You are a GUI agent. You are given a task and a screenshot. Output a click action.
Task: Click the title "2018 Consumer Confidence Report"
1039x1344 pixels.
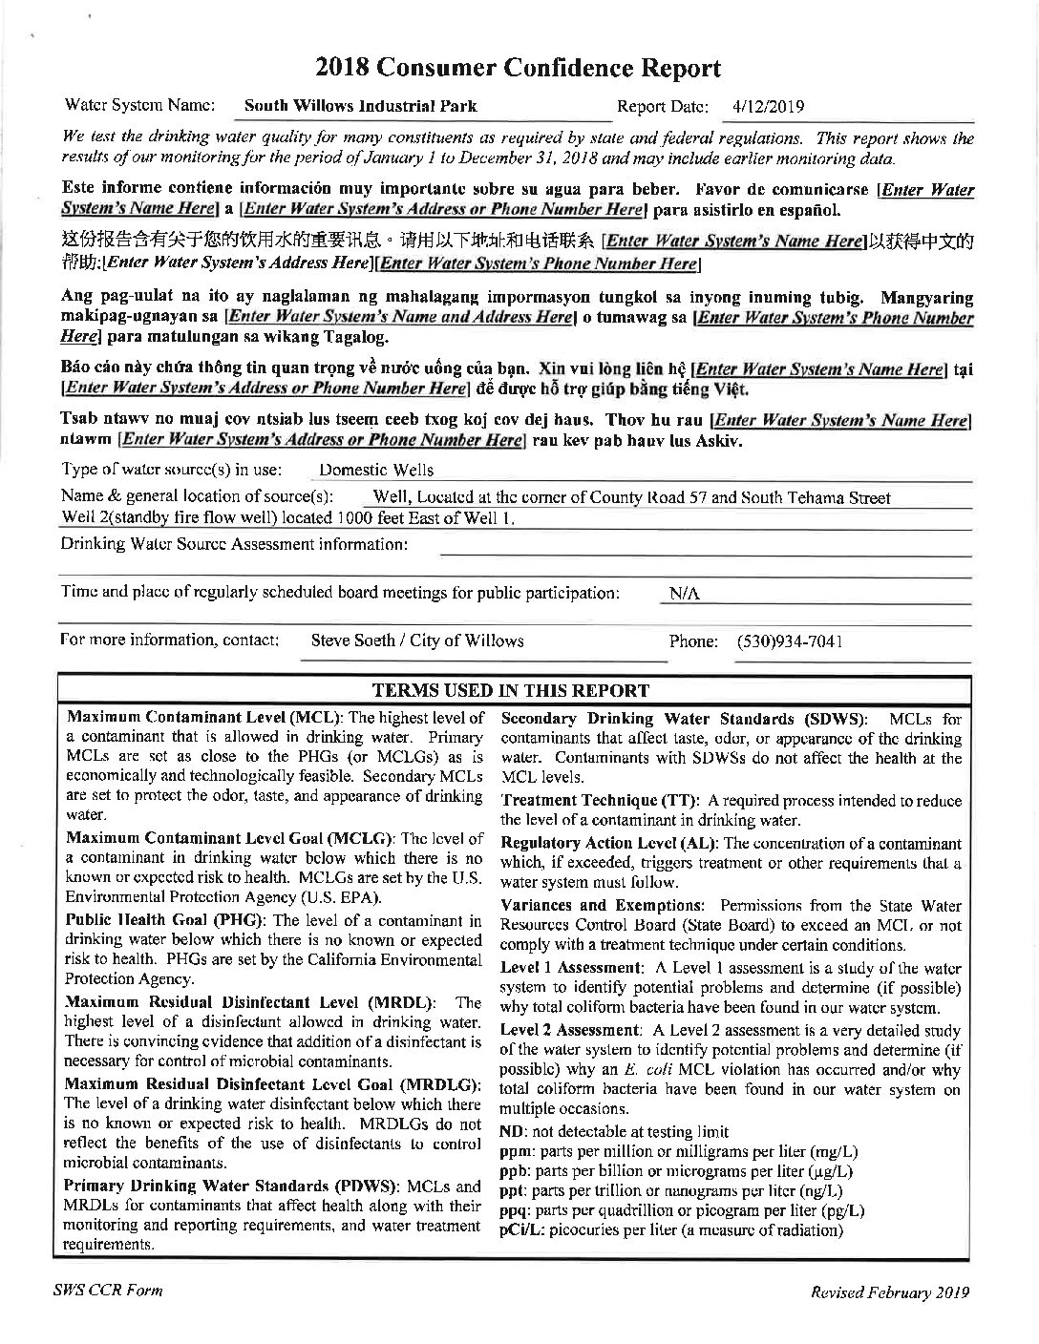click(519, 68)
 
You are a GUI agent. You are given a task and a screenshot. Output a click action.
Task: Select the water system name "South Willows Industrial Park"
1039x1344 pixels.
click(361, 106)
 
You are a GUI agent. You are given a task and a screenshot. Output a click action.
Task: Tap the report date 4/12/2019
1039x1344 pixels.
click(768, 106)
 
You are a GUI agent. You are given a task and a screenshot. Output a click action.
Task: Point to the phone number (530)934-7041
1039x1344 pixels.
click(789, 641)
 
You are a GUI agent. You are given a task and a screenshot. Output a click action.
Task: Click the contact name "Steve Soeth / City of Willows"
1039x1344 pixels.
click(417, 640)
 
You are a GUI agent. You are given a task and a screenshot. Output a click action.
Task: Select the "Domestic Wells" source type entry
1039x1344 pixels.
click(376, 470)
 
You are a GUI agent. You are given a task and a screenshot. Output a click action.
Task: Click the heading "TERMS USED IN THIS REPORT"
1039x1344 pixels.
click(511, 690)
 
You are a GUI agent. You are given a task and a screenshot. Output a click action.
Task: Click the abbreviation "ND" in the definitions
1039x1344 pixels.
click(510, 1131)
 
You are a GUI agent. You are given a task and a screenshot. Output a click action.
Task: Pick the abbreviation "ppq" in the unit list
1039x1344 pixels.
click(513, 1210)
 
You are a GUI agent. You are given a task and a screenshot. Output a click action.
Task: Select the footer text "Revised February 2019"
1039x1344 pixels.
click(890, 1292)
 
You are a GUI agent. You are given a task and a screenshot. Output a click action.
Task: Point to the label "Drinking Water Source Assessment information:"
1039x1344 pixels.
click(235, 544)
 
